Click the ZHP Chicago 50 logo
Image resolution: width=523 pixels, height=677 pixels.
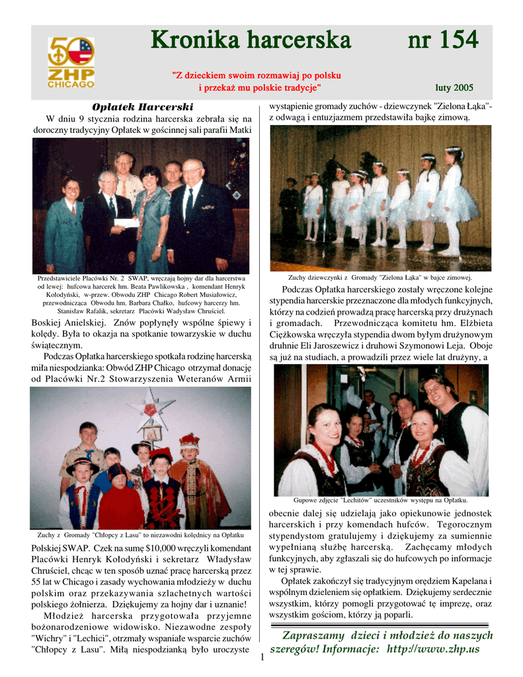(71, 62)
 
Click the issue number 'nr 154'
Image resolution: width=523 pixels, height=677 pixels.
(442, 41)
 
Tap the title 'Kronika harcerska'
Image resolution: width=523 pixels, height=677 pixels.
(251, 41)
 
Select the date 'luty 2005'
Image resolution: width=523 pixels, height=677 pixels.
(454, 87)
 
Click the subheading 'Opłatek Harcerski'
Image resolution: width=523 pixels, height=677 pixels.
(143, 107)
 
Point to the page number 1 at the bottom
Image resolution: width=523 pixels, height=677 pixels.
(262, 657)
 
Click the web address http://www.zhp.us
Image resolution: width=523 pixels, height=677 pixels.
(433, 649)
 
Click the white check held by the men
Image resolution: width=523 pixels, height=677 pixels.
(126, 223)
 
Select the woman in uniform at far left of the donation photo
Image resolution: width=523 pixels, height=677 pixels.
(64, 225)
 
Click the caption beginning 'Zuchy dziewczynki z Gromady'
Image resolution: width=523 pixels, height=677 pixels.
(380, 277)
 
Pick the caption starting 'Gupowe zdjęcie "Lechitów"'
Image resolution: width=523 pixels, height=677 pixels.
(380, 500)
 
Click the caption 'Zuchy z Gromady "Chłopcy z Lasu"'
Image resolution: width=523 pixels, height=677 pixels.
(141, 534)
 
